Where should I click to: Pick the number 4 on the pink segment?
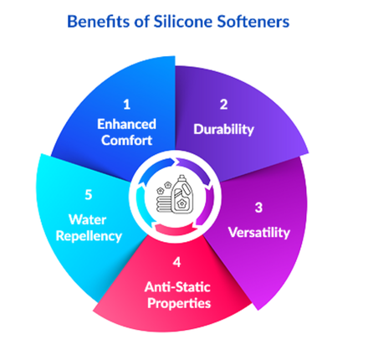[x=176, y=270]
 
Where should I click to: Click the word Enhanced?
[x=126, y=124]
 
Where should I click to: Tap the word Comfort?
[x=126, y=141]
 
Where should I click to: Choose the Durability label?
[x=223, y=130]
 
